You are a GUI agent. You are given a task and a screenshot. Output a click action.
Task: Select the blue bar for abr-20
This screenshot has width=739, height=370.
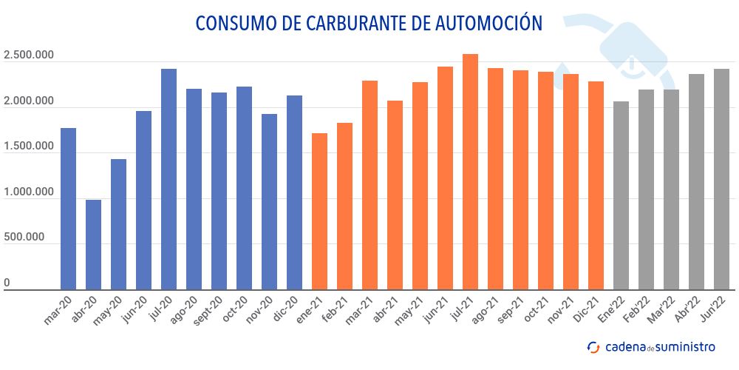(x=93, y=245)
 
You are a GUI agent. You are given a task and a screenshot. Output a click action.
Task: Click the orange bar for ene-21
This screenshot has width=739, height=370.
(x=319, y=212)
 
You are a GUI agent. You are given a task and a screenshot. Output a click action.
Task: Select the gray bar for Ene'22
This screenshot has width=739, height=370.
(x=621, y=195)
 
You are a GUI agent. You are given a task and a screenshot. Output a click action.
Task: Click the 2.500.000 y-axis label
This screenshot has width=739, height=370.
(x=29, y=55)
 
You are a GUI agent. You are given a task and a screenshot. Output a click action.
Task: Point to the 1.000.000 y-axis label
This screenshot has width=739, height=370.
(x=29, y=192)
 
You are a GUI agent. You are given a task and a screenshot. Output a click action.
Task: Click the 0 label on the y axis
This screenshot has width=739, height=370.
(x=7, y=283)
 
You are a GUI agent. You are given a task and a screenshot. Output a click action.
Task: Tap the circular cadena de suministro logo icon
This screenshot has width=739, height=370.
(x=593, y=346)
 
